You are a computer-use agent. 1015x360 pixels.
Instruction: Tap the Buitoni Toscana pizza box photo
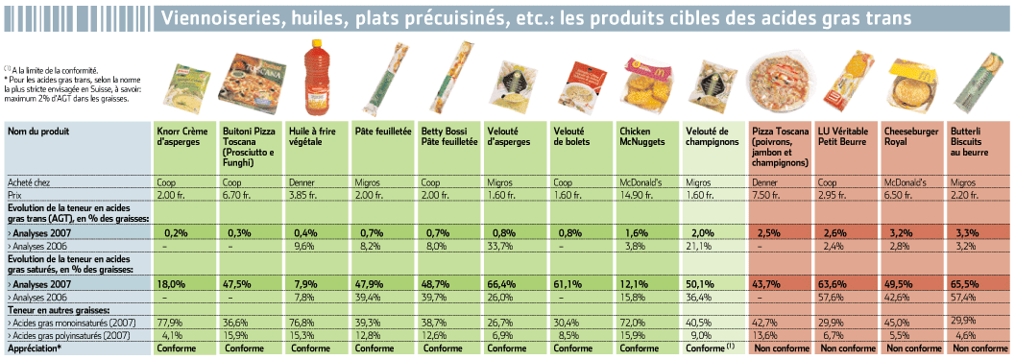coord(251,82)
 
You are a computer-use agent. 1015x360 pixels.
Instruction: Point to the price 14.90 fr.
coord(635,194)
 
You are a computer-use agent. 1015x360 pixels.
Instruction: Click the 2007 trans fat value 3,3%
coord(961,232)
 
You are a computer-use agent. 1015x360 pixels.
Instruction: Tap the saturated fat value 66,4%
coord(500,283)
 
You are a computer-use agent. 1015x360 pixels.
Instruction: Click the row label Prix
coord(13,194)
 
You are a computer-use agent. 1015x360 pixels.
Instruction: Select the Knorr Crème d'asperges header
coord(183,136)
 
